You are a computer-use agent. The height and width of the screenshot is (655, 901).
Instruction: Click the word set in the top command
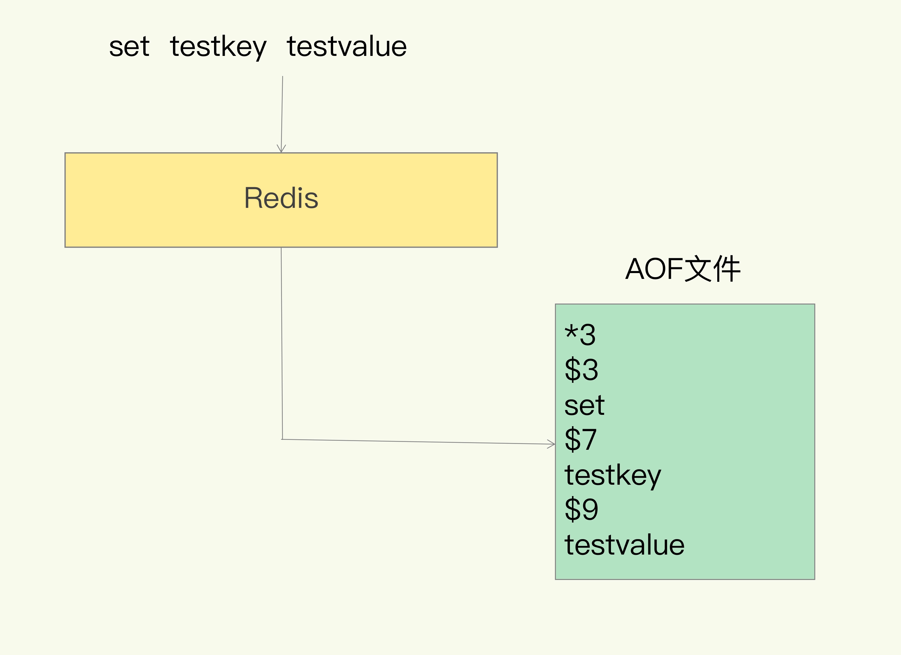129,47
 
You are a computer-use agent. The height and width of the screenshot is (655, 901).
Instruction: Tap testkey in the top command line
218,47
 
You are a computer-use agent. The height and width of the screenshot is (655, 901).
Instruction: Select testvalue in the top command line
347,47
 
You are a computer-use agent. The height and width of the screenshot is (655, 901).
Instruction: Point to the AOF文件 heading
683,269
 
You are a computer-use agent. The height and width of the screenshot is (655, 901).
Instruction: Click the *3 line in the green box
580,334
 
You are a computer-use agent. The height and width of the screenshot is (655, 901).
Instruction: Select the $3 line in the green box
581,369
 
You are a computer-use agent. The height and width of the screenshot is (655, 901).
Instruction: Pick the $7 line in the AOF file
580,440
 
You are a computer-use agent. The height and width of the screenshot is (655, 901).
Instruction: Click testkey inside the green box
612,475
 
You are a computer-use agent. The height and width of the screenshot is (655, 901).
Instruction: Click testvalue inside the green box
624,545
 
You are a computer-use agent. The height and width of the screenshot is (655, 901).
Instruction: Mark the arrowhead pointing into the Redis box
281,149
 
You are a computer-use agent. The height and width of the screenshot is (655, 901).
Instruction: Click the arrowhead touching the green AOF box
552,444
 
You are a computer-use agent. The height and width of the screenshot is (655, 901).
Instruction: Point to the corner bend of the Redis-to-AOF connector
282,439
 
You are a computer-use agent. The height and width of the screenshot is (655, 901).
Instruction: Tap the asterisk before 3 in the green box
571,332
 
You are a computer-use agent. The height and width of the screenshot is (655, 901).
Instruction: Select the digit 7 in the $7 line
589,440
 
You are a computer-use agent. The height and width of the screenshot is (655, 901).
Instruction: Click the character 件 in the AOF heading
727,269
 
